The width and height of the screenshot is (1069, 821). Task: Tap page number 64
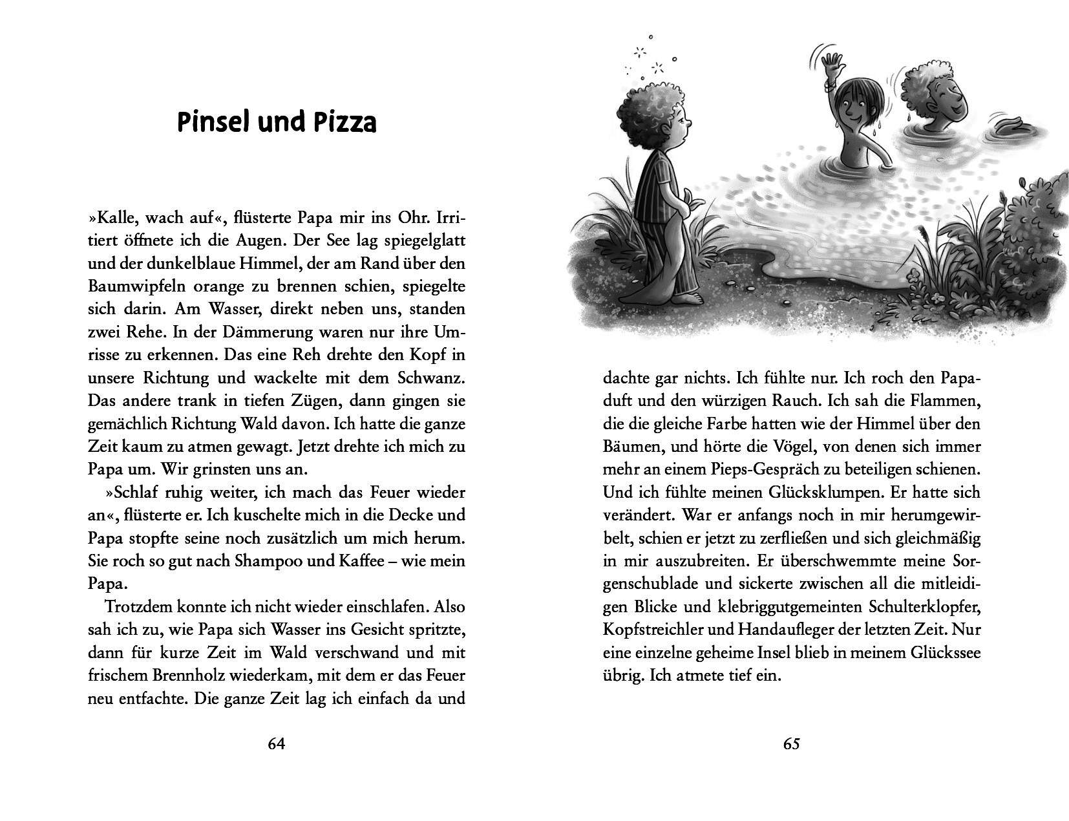(x=276, y=744)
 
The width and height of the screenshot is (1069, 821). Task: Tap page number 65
(x=792, y=744)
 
